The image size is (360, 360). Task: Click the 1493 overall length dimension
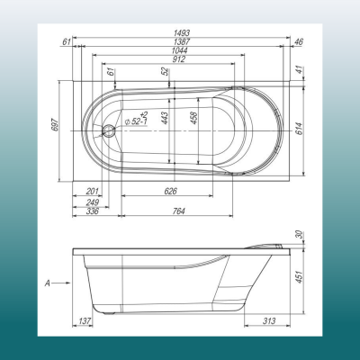[182, 32]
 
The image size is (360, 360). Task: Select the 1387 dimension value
[182, 41]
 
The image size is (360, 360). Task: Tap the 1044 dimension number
[180, 50]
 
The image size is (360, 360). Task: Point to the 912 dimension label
[179, 59]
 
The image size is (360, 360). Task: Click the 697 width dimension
[55, 124]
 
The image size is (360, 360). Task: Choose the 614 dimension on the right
[300, 129]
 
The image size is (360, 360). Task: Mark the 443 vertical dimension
[164, 118]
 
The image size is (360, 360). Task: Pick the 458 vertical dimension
[193, 118]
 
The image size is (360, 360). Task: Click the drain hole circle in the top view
[108, 131]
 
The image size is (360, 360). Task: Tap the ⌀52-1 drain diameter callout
[137, 119]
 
